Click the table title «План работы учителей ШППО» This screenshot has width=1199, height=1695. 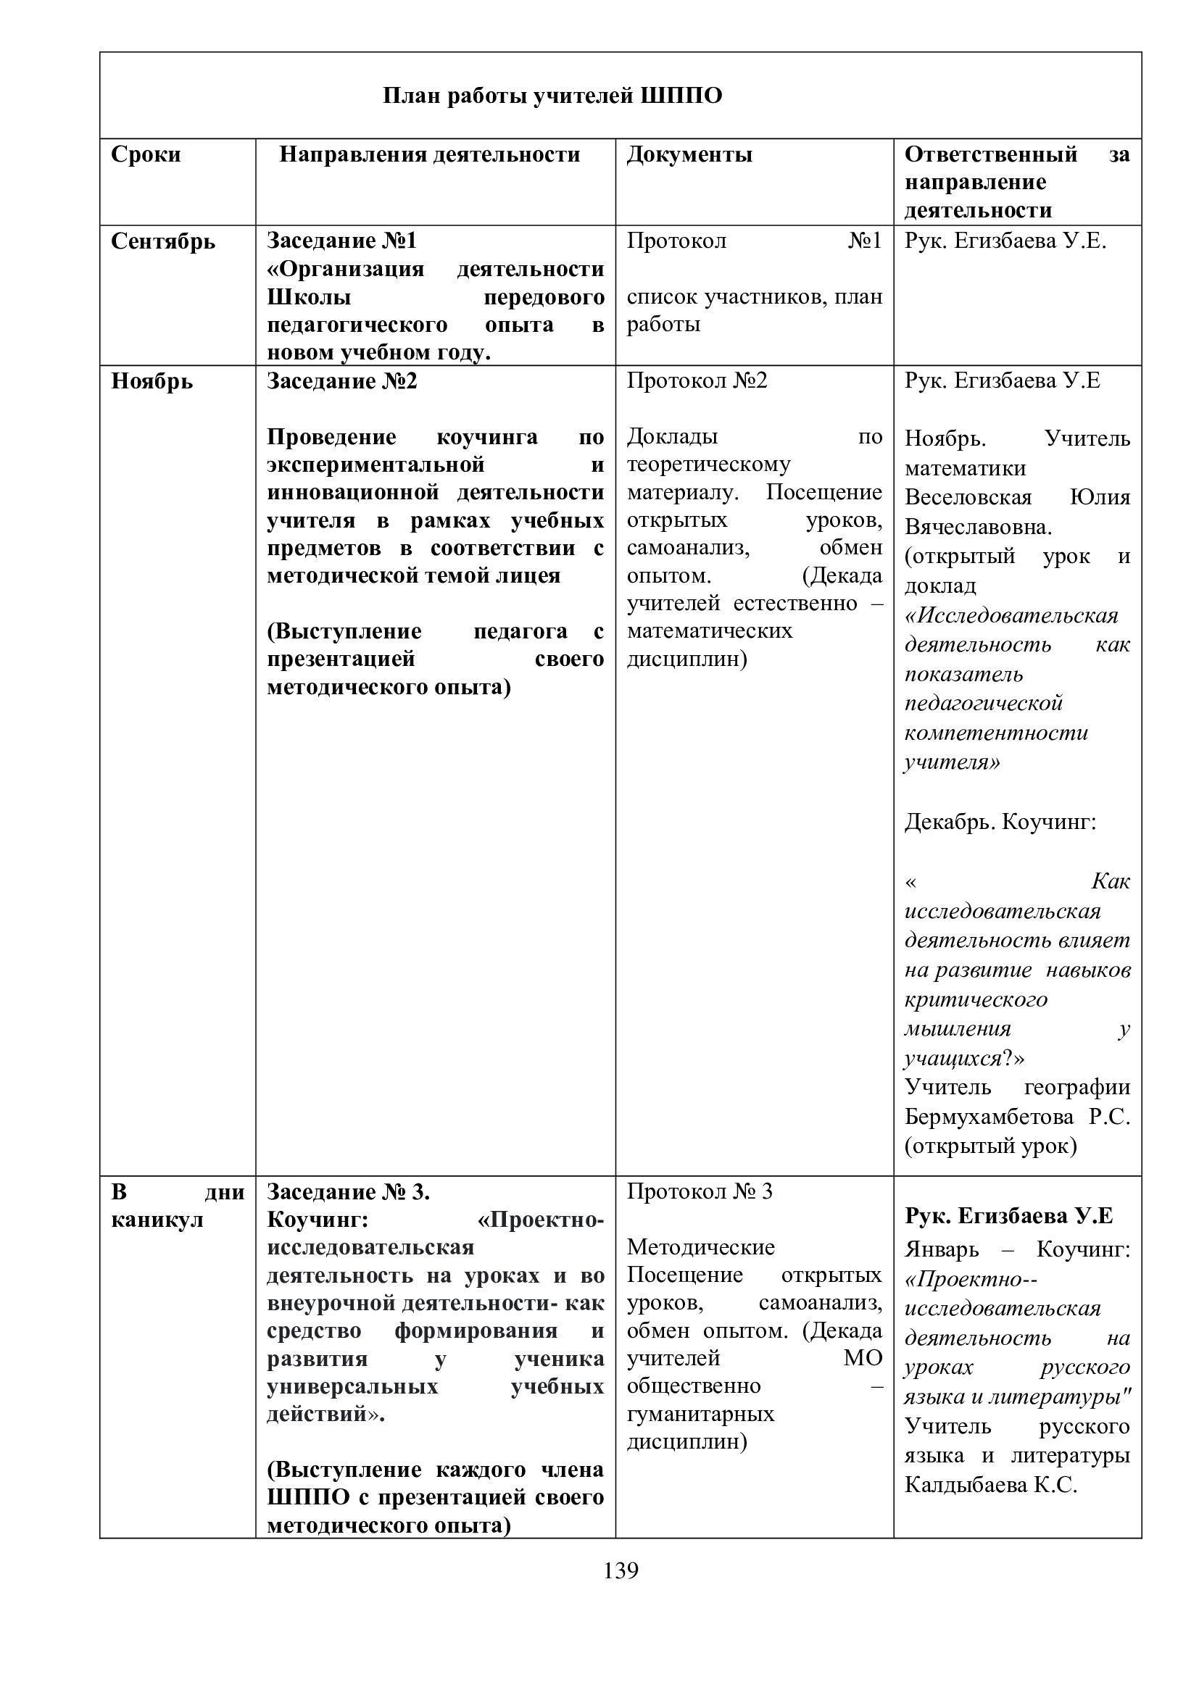coord(552,96)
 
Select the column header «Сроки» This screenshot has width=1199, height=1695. coord(146,155)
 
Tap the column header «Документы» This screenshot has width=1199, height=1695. coord(689,155)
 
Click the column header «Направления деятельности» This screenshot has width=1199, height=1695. coord(430,155)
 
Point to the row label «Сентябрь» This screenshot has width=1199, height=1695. coord(163,242)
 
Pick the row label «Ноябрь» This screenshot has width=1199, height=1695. coord(152,382)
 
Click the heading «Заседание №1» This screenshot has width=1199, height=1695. coord(342,241)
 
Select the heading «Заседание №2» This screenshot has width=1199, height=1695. coord(342,382)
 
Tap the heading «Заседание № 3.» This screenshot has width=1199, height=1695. coord(349,1192)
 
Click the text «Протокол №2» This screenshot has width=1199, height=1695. coord(697,381)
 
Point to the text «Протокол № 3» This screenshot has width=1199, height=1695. coord(699,1191)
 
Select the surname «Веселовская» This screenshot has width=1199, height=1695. coord(968,498)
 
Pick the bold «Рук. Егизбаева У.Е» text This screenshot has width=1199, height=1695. coord(1008,1216)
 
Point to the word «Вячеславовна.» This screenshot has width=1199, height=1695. coord(978,527)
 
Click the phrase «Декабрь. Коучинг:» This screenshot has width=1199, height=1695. coord(1000,822)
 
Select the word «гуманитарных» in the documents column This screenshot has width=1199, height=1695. coord(701,1414)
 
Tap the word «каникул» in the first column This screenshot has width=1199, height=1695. coord(157,1220)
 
